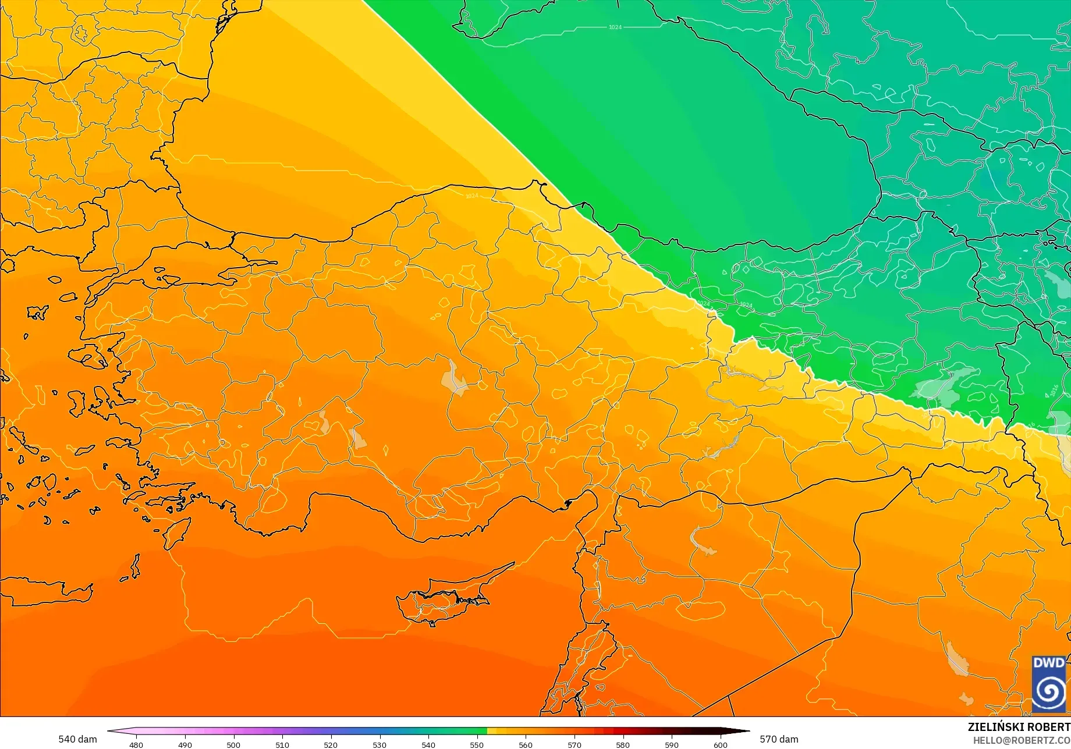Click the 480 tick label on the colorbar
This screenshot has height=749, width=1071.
[x=136, y=744]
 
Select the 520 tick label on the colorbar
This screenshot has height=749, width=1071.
[x=331, y=744]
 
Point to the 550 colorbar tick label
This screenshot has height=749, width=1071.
[x=477, y=744]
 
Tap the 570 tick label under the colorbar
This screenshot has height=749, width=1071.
[x=574, y=744]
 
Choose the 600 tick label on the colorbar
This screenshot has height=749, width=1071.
[x=720, y=744]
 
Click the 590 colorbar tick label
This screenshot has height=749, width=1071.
[x=672, y=744]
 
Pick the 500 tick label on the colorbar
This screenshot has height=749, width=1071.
[x=233, y=744]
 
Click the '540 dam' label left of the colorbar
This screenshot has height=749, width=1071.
[x=77, y=739]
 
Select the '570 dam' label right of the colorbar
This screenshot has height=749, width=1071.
[x=779, y=739]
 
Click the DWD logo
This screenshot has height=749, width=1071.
[x=1048, y=684]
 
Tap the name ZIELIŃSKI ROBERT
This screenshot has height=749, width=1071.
[x=1019, y=727]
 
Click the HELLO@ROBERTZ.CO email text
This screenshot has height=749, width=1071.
[x=1022, y=740]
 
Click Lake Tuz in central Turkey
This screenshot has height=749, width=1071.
[x=454, y=378]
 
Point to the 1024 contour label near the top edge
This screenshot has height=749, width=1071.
[x=615, y=27]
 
